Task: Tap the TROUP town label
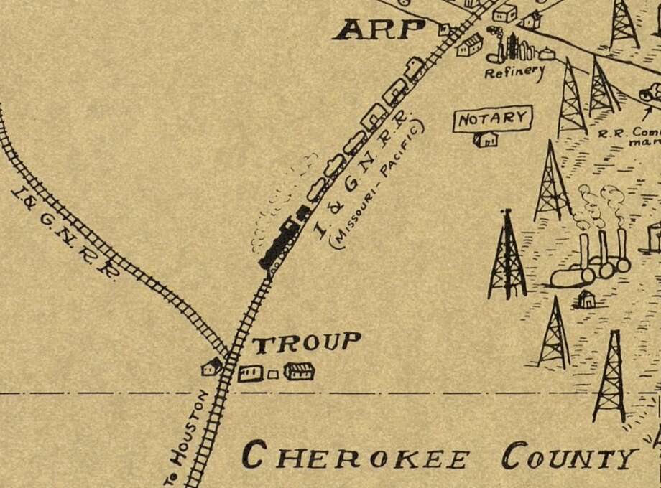pyautogui.click(x=306, y=343)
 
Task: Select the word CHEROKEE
pyautogui.click(x=356, y=456)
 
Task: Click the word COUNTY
pyautogui.click(x=570, y=456)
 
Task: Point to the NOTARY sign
pyautogui.click(x=492, y=118)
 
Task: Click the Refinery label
pyautogui.click(x=514, y=72)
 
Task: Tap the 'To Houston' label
pyautogui.click(x=189, y=437)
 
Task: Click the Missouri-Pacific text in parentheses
pyautogui.click(x=377, y=184)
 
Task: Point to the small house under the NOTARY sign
pyautogui.click(x=486, y=139)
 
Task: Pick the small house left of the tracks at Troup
pyautogui.click(x=212, y=367)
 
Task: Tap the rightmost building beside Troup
pyautogui.click(x=299, y=371)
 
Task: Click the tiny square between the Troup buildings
pyautogui.click(x=272, y=374)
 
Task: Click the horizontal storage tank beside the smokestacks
pyautogui.click(x=572, y=276)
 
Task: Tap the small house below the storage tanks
pyautogui.click(x=586, y=299)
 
